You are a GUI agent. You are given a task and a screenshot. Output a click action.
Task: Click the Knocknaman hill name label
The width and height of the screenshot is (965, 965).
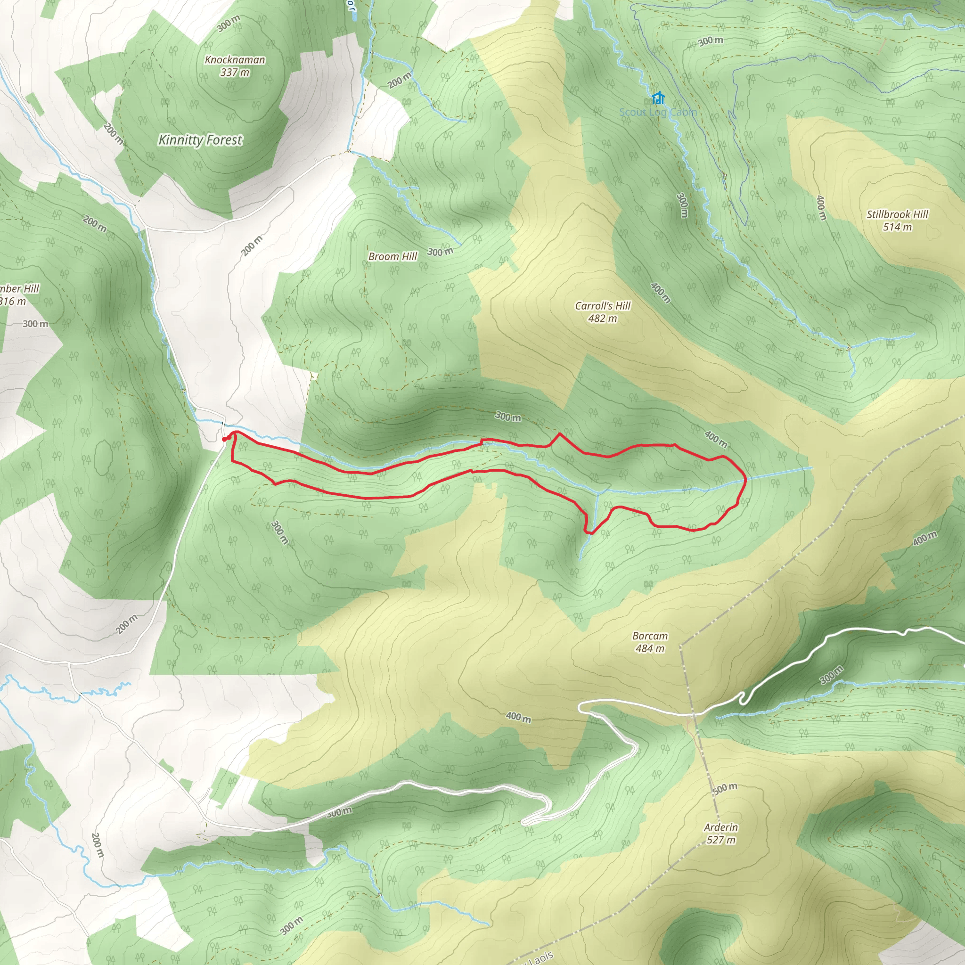(x=235, y=60)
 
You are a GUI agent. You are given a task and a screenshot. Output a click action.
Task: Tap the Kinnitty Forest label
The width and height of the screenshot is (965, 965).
(x=200, y=140)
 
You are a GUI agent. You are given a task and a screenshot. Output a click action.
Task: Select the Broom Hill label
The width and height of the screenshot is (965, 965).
(x=393, y=257)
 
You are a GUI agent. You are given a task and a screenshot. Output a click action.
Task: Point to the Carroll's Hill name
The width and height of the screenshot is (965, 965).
(x=603, y=306)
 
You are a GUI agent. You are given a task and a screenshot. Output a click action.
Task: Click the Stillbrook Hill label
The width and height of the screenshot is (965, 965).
(x=897, y=214)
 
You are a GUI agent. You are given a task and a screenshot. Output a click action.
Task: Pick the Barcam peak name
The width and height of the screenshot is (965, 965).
(x=650, y=636)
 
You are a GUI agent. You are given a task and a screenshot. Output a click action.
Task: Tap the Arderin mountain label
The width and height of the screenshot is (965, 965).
(x=721, y=827)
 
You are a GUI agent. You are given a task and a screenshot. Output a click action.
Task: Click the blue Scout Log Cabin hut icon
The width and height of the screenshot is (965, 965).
(x=658, y=98)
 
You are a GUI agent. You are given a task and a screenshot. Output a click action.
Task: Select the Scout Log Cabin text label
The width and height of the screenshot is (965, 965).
(x=658, y=113)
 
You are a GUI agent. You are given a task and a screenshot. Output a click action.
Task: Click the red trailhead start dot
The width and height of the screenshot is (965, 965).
(x=224, y=439)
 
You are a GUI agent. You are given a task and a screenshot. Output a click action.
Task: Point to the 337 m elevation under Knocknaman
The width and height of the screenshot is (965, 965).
(x=235, y=73)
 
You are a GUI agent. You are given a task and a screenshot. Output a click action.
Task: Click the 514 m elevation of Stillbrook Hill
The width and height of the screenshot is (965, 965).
(x=897, y=227)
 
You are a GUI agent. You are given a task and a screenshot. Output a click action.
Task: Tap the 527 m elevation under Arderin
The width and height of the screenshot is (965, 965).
(x=721, y=840)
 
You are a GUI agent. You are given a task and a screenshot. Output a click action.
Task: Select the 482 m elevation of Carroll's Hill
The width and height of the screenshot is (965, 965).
(x=602, y=319)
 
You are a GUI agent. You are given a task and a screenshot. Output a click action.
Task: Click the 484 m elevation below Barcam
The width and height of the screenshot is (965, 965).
(x=650, y=648)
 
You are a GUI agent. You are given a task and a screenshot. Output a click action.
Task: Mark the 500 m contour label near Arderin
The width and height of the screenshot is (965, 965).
(x=725, y=788)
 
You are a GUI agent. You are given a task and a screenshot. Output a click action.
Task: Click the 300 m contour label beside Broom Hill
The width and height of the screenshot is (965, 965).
(x=440, y=252)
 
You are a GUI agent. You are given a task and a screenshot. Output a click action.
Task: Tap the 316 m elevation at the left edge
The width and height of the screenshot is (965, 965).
(x=13, y=301)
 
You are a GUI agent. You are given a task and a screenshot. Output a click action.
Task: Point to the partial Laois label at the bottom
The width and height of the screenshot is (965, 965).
(x=540, y=957)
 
